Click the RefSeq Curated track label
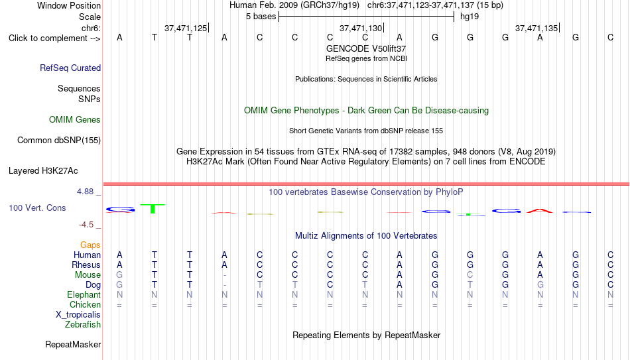tap(70, 68)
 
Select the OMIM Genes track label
tap(75, 120)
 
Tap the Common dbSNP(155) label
tap(59, 141)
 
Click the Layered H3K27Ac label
tap(43, 171)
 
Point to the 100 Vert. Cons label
tap(37, 208)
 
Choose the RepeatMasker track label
tap(73, 344)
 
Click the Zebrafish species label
tap(83, 324)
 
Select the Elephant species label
tap(84, 294)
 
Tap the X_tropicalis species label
tap(78, 315)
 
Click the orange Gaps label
tap(90, 245)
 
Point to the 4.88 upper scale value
tap(85, 192)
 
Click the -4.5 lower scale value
tap(86, 225)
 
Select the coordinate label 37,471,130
tap(361, 28)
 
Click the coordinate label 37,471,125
tap(186, 28)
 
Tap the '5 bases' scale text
tap(261, 17)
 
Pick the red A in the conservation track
tap(540, 211)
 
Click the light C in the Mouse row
tap(470, 275)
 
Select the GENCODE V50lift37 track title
tap(366, 48)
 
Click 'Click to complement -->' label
tap(54, 38)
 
